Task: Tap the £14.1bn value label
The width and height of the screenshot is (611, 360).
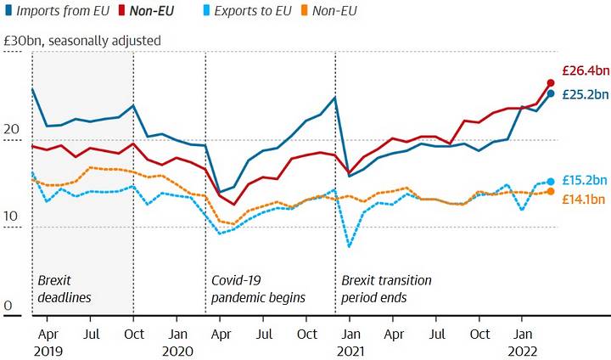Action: click(x=582, y=200)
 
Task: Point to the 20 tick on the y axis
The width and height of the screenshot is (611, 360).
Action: click(x=10, y=130)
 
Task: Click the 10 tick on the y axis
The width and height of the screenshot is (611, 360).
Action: click(x=10, y=217)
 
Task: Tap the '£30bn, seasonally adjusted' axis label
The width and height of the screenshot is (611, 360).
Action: click(x=81, y=40)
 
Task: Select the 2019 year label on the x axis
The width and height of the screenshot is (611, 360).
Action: click(x=49, y=350)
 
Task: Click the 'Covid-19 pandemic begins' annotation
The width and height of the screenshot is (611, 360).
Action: click(x=258, y=289)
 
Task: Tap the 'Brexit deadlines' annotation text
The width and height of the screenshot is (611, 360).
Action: click(x=64, y=289)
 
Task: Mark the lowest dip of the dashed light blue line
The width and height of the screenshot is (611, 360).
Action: click(x=350, y=247)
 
